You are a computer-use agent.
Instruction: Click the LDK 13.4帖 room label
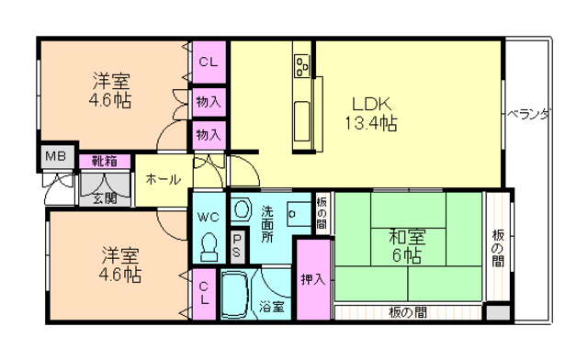[x=371, y=114]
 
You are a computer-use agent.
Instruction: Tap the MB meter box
[x=57, y=156]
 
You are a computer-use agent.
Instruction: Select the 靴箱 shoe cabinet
[x=105, y=162]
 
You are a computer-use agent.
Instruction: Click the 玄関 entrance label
[x=105, y=197]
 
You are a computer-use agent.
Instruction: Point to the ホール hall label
[x=163, y=179]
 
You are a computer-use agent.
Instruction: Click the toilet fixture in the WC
[x=209, y=246]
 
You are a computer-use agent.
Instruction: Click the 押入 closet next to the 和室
[x=313, y=279]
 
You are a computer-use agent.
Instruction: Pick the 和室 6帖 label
[x=407, y=246]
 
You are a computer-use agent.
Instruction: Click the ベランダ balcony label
[x=529, y=114]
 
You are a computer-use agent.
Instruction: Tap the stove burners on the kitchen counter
[x=302, y=66]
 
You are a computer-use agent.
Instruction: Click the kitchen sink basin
[x=302, y=120]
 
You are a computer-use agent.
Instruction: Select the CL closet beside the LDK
[x=209, y=62]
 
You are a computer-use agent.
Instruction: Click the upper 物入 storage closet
[x=209, y=102]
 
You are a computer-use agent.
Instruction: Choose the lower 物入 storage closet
[x=209, y=135]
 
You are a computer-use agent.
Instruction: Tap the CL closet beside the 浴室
[x=204, y=294]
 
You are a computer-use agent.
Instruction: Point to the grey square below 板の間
[x=498, y=312]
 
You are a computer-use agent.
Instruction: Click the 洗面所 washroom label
[x=267, y=224]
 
